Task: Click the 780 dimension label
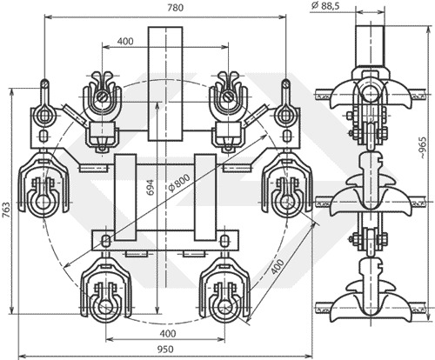[x=176, y=8]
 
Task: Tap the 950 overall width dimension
[x=165, y=350]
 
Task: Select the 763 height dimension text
[x=6, y=210]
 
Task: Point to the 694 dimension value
[x=151, y=188]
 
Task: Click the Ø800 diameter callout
[x=179, y=183]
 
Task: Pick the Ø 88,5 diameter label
[x=325, y=6]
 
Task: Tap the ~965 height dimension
[x=423, y=148]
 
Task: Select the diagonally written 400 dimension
[x=278, y=266]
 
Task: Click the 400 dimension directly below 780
[x=125, y=42]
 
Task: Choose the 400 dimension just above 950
[x=168, y=333]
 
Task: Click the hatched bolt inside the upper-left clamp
[x=102, y=97]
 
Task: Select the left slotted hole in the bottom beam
[x=106, y=241]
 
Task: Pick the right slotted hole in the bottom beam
[x=224, y=241]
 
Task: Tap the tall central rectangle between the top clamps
[x=165, y=83]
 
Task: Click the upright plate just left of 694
[x=125, y=197]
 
